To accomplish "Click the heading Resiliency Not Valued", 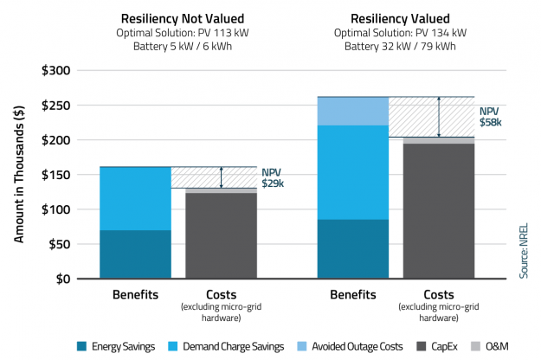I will coord(171,17).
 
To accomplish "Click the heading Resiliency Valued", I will coord(388,17).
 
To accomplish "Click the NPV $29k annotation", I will coord(274,177).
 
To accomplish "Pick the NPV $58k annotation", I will coord(491,117).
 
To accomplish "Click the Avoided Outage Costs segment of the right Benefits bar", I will coord(353,111).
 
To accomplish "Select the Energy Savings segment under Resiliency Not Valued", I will coord(136,254).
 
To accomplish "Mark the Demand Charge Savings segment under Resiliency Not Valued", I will coord(136,198).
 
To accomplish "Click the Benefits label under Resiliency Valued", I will coord(353,294).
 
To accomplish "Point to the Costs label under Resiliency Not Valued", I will coord(221,294).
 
